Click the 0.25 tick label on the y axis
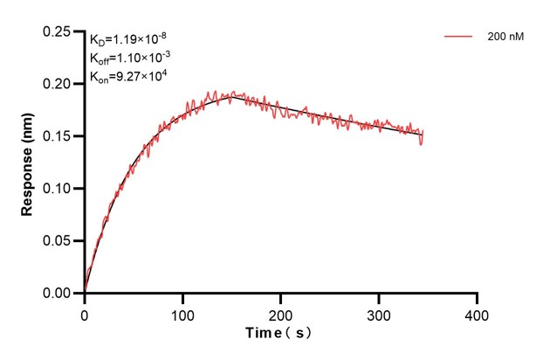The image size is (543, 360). (58, 31)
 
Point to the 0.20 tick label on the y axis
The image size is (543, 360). (58, 84)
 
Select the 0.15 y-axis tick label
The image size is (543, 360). (58, 136)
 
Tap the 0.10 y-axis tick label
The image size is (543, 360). (58, 189)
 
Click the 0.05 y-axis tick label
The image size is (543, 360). (58, 241)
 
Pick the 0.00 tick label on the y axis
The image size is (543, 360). (58, 294)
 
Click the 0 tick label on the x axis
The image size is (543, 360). (85, 313)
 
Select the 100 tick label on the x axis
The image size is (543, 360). (182, 313)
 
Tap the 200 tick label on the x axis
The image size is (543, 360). (280, 313)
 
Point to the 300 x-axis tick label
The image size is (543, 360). (378, 313)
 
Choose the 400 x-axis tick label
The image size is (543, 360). (476, 313)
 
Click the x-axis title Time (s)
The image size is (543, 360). (279, 334)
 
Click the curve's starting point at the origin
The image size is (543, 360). (85, 292)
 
